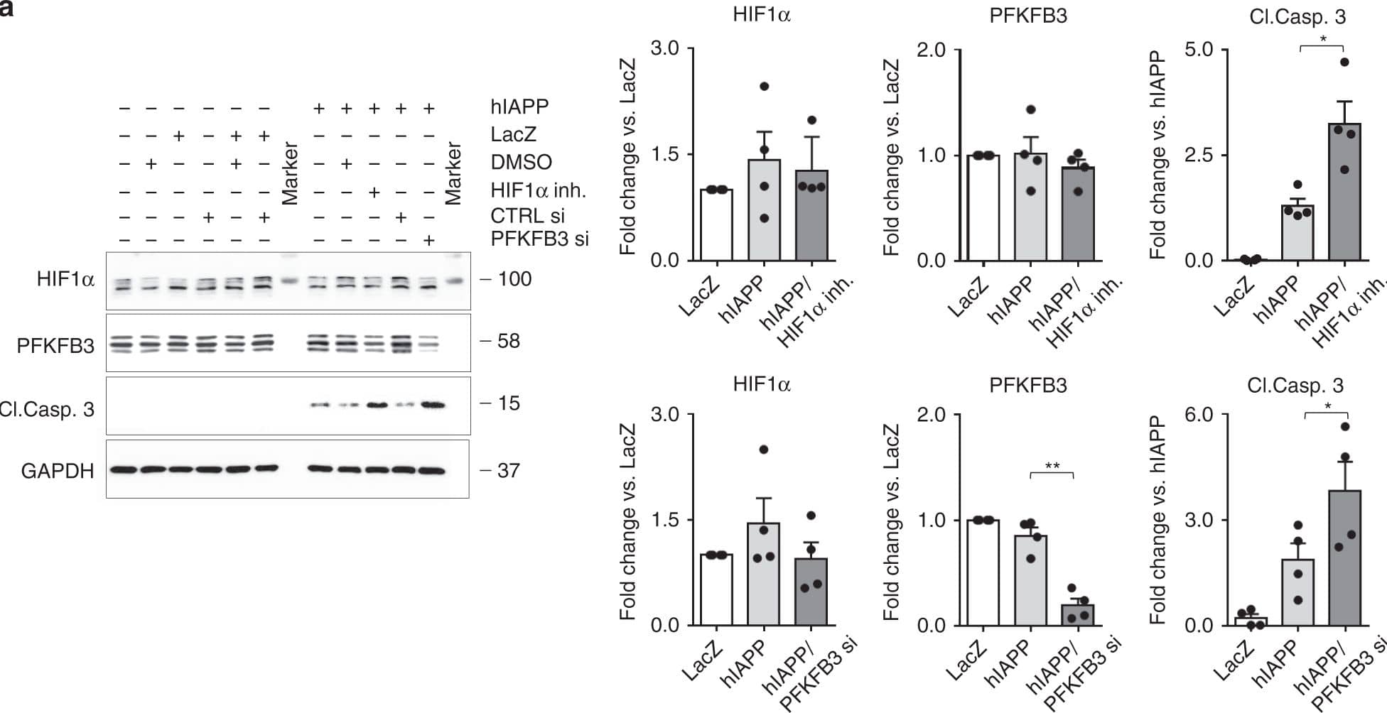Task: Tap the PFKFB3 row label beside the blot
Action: [x=55, y=346]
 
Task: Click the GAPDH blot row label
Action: [x=58, y=471]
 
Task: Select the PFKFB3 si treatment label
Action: [x=539, y=239]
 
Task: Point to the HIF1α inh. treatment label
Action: [x=538, y=190]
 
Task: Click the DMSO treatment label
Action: [x=521, y=162]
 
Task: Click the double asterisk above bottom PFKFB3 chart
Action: [x=1052, y=467]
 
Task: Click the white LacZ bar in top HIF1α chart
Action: [x=716, y=225]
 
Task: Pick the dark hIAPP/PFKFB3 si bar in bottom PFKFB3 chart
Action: [x=1077, y=615]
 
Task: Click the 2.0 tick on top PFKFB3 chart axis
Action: [x=932, y=50]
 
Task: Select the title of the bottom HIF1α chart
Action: [x=762, y=384]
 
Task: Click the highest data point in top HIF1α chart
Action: [x=764, y=87]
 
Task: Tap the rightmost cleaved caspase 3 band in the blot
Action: [x=432, y=406]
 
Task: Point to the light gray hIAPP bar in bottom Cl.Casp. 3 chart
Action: [x=1297, y=592]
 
